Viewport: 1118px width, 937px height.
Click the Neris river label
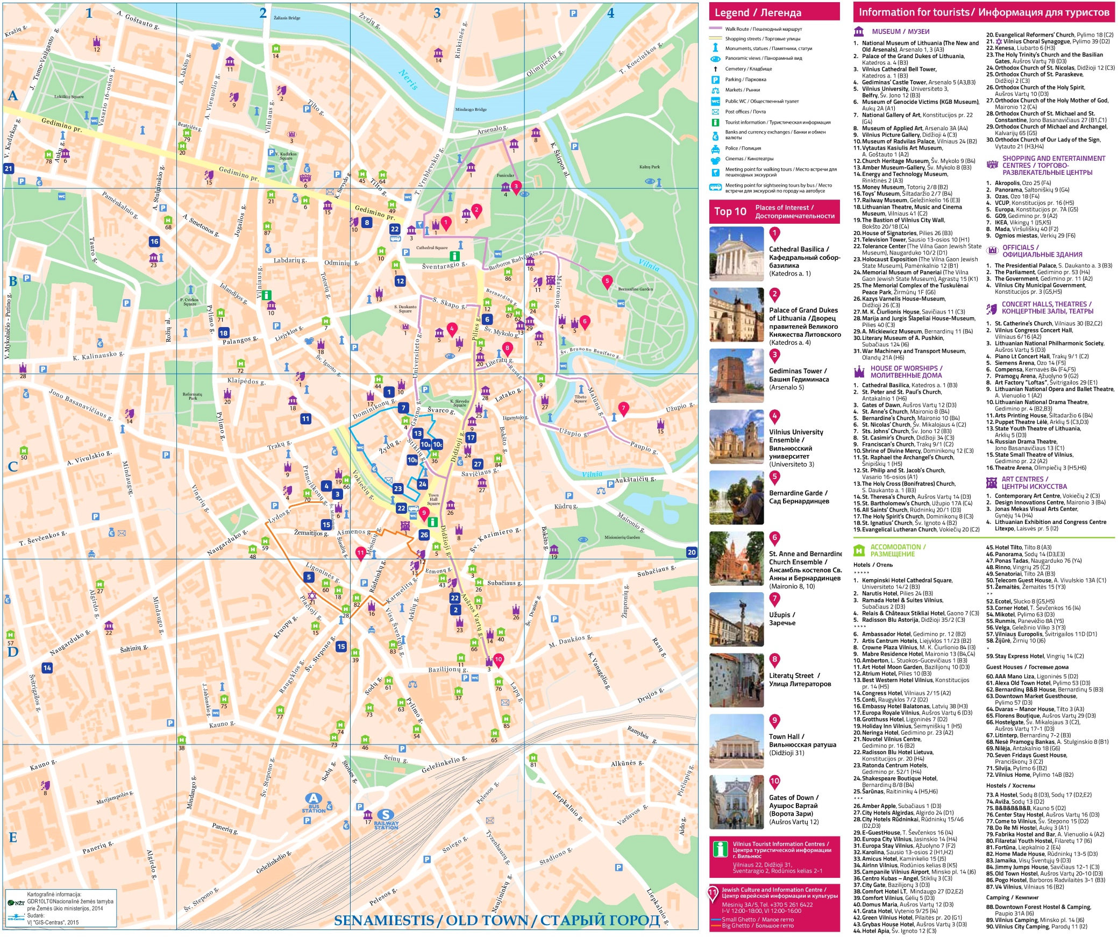(x=408, y=80)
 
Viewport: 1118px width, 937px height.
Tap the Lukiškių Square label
(x=69, y=97)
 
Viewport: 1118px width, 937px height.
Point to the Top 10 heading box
(x=774, y=211)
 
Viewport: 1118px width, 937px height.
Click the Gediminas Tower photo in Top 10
(x=736, y=375)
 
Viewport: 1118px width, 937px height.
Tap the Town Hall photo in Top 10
(x=736, y=741)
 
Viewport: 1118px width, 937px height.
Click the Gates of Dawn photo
(x=736, y=801)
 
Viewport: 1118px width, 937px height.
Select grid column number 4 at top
(x=610, y=13)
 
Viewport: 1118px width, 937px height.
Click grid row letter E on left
(x=13, y=837)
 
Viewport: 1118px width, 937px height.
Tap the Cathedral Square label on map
(x=431, y=248)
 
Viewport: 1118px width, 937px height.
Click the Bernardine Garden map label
(x=635, y=289)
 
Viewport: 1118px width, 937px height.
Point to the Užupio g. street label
(x=573, y=432)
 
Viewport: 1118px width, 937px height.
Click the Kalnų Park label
(x=649, y=167)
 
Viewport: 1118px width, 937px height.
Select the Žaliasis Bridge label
(x=287, y=18)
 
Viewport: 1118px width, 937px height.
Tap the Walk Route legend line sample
(x=715, y=29)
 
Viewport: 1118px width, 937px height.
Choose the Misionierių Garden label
(x=622, y=537)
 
